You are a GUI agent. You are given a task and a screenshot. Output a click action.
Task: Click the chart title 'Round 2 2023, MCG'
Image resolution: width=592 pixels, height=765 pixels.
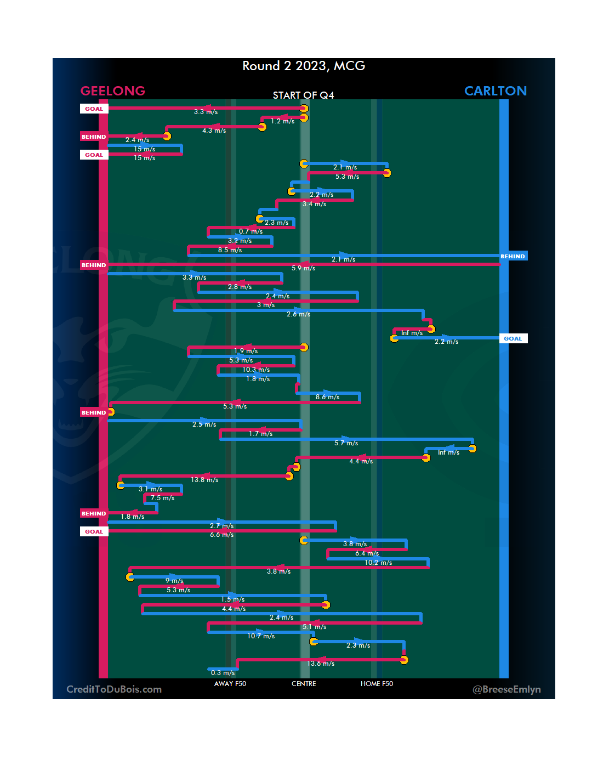coord(304,66)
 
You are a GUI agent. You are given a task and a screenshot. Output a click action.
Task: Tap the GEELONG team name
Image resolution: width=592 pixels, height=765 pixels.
coord(113,91)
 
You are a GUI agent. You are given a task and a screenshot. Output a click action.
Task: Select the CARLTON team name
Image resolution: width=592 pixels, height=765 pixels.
coord(495,91)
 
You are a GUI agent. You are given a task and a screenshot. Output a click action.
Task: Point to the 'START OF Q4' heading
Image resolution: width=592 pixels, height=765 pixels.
coord(303,95)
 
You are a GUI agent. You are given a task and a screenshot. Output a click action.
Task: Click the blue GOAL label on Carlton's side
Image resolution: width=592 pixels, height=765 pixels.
coord(513,339)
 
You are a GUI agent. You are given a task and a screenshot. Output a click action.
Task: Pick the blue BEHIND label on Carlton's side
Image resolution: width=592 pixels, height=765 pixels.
coord(513,257)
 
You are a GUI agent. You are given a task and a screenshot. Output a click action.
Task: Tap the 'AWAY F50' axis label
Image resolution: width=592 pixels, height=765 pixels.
coord(230,684)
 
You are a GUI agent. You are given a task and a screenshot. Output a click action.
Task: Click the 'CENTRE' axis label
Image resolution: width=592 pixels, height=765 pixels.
coord(304,684)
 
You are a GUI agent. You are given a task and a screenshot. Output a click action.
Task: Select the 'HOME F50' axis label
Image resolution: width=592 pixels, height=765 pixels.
coord(377,684)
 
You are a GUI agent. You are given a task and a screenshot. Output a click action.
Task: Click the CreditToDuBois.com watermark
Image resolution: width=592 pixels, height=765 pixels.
coord(114,689)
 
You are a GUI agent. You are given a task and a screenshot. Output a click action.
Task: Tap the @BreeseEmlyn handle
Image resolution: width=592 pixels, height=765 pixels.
coord(506,689)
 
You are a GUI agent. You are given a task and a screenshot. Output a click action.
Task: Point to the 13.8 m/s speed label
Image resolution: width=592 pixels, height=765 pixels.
coord(204,480)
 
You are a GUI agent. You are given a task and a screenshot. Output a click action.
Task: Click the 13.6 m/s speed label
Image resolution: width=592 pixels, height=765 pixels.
coord(321,664)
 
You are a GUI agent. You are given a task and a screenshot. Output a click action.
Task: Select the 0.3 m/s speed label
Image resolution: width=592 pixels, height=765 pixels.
coord(223,673)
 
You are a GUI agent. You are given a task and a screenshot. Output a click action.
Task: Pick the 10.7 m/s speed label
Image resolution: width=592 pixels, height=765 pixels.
coord(261,636)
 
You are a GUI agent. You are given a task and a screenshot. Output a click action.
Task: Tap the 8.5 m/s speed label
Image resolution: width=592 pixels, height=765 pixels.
coord(230,250)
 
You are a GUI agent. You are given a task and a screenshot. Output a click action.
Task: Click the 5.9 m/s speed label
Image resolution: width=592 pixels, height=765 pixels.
coord(303,268)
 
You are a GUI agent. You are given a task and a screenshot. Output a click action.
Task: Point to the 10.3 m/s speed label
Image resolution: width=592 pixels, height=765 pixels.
coord(256,370)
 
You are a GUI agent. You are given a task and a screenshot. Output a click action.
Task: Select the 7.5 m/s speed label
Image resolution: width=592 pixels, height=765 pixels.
coord(162,498)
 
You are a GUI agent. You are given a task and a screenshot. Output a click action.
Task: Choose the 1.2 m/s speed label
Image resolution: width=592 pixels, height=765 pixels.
coord(282,121)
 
